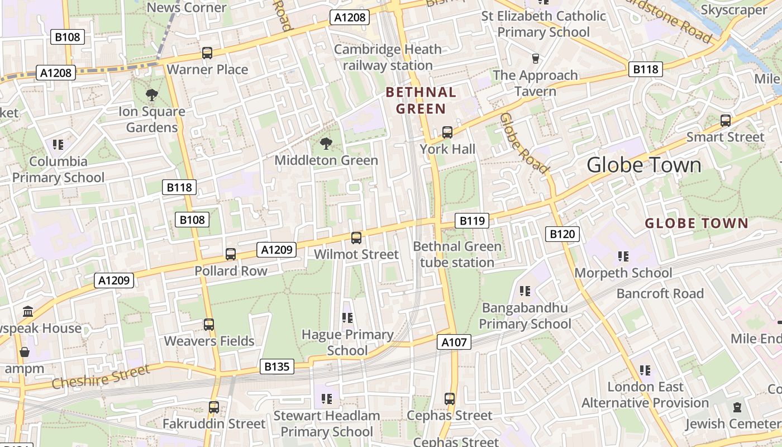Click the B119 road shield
pos(472,221)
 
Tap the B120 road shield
pos(562,234)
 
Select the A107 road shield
pos(454,342)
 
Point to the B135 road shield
pos(277,367)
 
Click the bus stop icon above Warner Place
pos(207,53)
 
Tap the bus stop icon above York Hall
pos(447,132)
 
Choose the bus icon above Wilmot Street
pos(356,238)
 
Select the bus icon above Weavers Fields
pos(209,325)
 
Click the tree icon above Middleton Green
pos(326,144)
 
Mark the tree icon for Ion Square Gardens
pos(151,96)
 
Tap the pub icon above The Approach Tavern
pos(536,59)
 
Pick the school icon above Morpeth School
pos(623,256)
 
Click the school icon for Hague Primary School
pos(347,318)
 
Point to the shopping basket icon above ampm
pos(24,353)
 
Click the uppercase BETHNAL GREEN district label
pos(421,101)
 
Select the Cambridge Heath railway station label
pos(388,58)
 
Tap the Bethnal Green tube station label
pos(457,254)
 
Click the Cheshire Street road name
pos(101,377)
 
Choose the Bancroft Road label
pos(660,293)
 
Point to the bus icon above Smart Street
pos(725,121)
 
